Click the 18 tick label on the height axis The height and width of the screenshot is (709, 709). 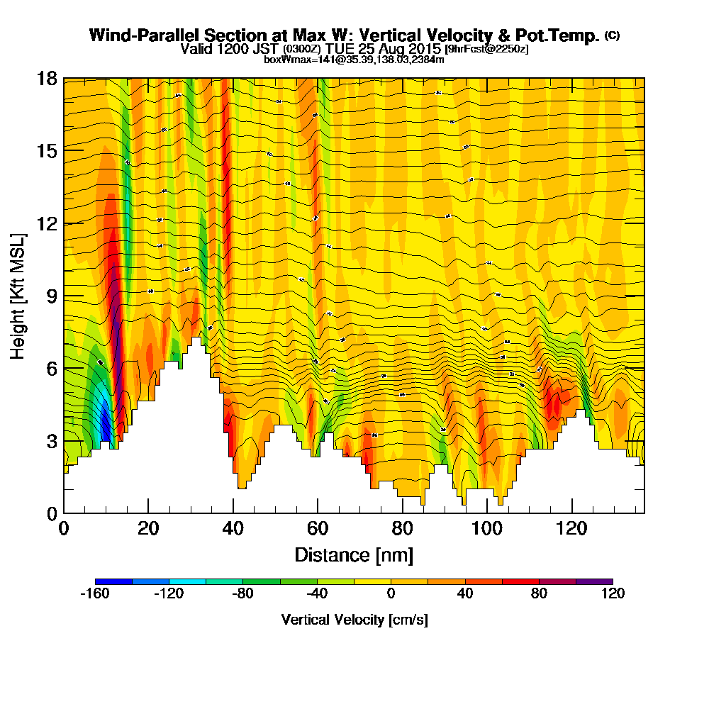47,79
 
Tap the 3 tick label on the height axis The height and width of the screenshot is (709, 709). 52,441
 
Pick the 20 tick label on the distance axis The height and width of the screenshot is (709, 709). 148,528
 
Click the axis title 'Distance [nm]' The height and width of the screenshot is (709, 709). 354,554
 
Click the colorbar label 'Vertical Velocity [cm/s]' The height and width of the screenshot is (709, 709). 354,620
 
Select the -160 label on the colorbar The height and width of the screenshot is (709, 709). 95,594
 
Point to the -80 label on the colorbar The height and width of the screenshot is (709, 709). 243,594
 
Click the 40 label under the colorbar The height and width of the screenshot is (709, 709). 465,594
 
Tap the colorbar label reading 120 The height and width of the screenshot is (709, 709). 613,594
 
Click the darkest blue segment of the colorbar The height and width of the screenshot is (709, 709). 113,581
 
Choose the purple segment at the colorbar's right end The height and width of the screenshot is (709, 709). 594,581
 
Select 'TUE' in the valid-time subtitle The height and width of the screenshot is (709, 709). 340,49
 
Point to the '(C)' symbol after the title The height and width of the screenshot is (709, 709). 612,35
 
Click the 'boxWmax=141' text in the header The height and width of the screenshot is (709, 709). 290,60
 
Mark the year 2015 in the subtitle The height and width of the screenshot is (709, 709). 423,49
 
